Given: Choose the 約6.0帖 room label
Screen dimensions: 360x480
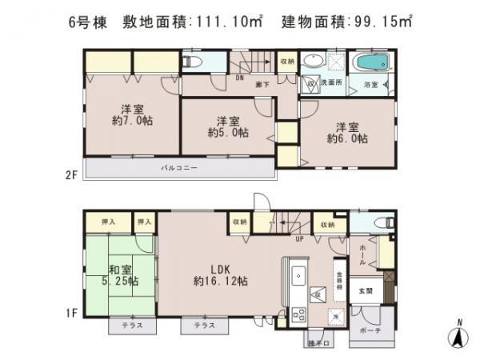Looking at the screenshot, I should [x=347, y=132].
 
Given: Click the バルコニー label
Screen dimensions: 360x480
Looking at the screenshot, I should [x=180, y=168].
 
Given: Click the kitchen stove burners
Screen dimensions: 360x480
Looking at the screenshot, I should [x=298, y=314].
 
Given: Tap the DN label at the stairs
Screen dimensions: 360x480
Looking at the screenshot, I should [x=240, y=78].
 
